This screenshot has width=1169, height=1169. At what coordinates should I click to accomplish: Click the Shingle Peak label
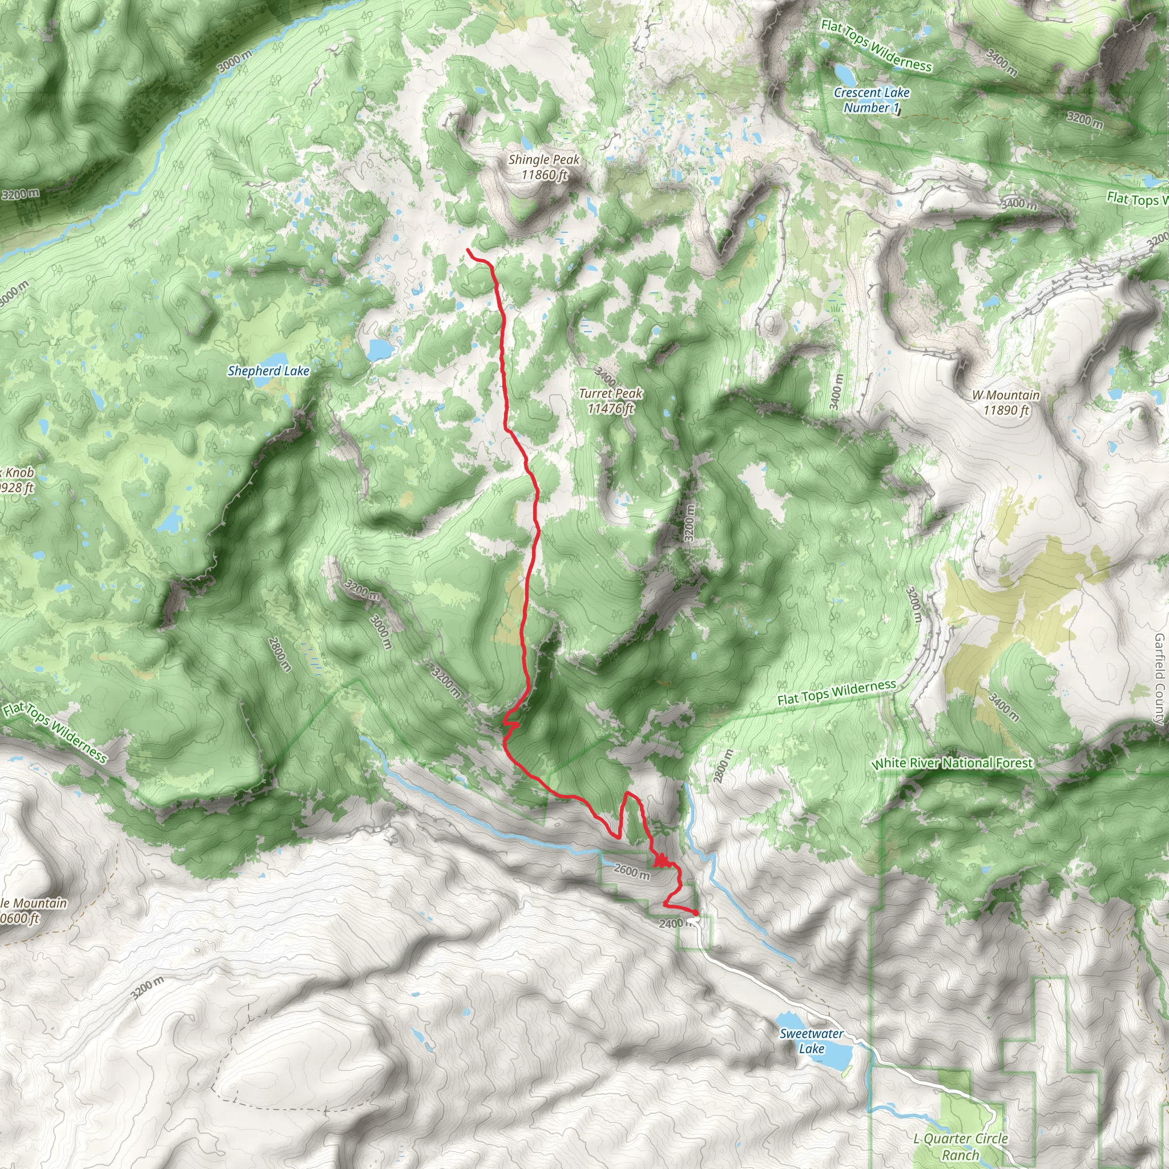pos(543,167)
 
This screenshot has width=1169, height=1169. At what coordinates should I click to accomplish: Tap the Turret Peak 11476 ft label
pos(610,401)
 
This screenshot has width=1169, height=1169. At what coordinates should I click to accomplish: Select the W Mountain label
pos(1006,402)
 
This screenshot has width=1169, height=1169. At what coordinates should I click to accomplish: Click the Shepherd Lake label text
pos(268,371)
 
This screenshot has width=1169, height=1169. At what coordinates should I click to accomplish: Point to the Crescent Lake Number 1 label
pos(871,100)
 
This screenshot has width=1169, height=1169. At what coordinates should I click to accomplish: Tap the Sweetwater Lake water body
pos(836,1056)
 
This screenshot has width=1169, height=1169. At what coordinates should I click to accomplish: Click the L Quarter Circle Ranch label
pos(960,1146)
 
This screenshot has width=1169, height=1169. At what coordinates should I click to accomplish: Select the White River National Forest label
pos(952,763)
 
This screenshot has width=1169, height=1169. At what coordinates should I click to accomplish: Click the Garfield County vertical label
pos(1159,679)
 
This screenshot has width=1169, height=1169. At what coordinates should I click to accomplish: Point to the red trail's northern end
pos(469,250)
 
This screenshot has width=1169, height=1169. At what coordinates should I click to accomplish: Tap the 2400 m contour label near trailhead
pos(673,924)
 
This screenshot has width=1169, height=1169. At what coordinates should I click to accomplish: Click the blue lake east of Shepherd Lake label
pos(380,349)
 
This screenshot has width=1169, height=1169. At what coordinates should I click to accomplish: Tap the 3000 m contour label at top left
pos(234,62)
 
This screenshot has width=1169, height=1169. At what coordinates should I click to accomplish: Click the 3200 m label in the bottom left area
pos(147,988)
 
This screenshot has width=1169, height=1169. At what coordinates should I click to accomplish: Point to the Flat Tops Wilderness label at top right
pos(876,46)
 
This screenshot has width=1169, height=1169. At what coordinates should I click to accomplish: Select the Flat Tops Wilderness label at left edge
pos(55,732)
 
